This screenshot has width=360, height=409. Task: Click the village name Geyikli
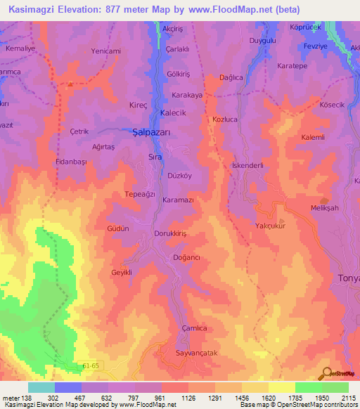(122, 273)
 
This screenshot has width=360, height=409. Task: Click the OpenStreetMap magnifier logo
(327, 373)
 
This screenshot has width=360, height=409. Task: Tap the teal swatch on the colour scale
(41, 387)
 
